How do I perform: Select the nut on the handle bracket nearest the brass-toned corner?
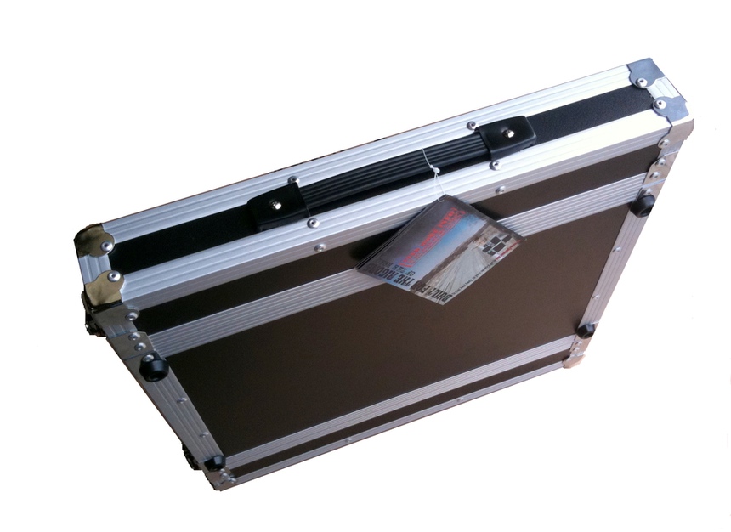click(275, 205)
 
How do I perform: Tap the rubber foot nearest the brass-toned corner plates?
click(154, 367)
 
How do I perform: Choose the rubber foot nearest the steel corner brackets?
click(643, 204)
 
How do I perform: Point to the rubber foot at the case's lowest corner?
click(214, 463)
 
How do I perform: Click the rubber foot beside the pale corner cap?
click(585, 330)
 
